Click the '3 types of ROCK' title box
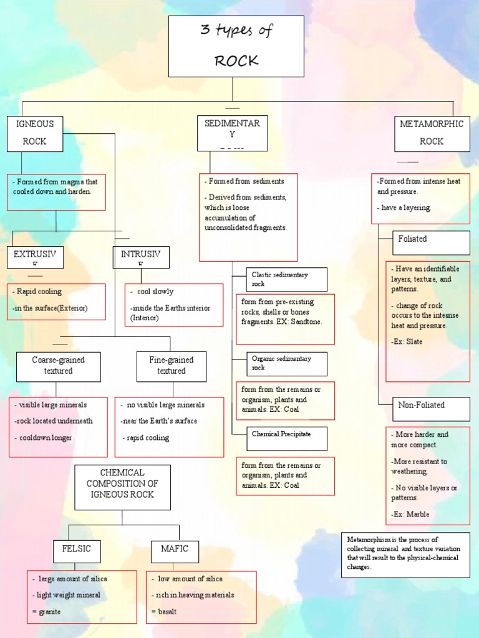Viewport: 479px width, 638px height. pyautogui.click(x=236, y=46)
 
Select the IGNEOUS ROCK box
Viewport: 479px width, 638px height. pyautogui.click(x=35, y=133)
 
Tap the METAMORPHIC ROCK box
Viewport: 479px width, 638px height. pyautogui.click(x=432, y=133)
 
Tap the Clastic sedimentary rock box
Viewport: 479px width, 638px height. pyautogui.click(x=281, y=279)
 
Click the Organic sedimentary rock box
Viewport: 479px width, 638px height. pyautogui.click(x=281, y=363)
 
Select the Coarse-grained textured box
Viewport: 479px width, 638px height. pyautogui.click(x=58, y=366)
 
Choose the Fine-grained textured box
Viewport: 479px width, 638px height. pyautogui.click(x=172, y=366)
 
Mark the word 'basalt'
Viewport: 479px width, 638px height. pyautogui.click(x=167, y=612)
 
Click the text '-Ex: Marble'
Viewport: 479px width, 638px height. pyautogui.click(x=410, y=515)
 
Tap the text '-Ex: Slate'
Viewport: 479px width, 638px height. pyautogui.click(x=407, y=342)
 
